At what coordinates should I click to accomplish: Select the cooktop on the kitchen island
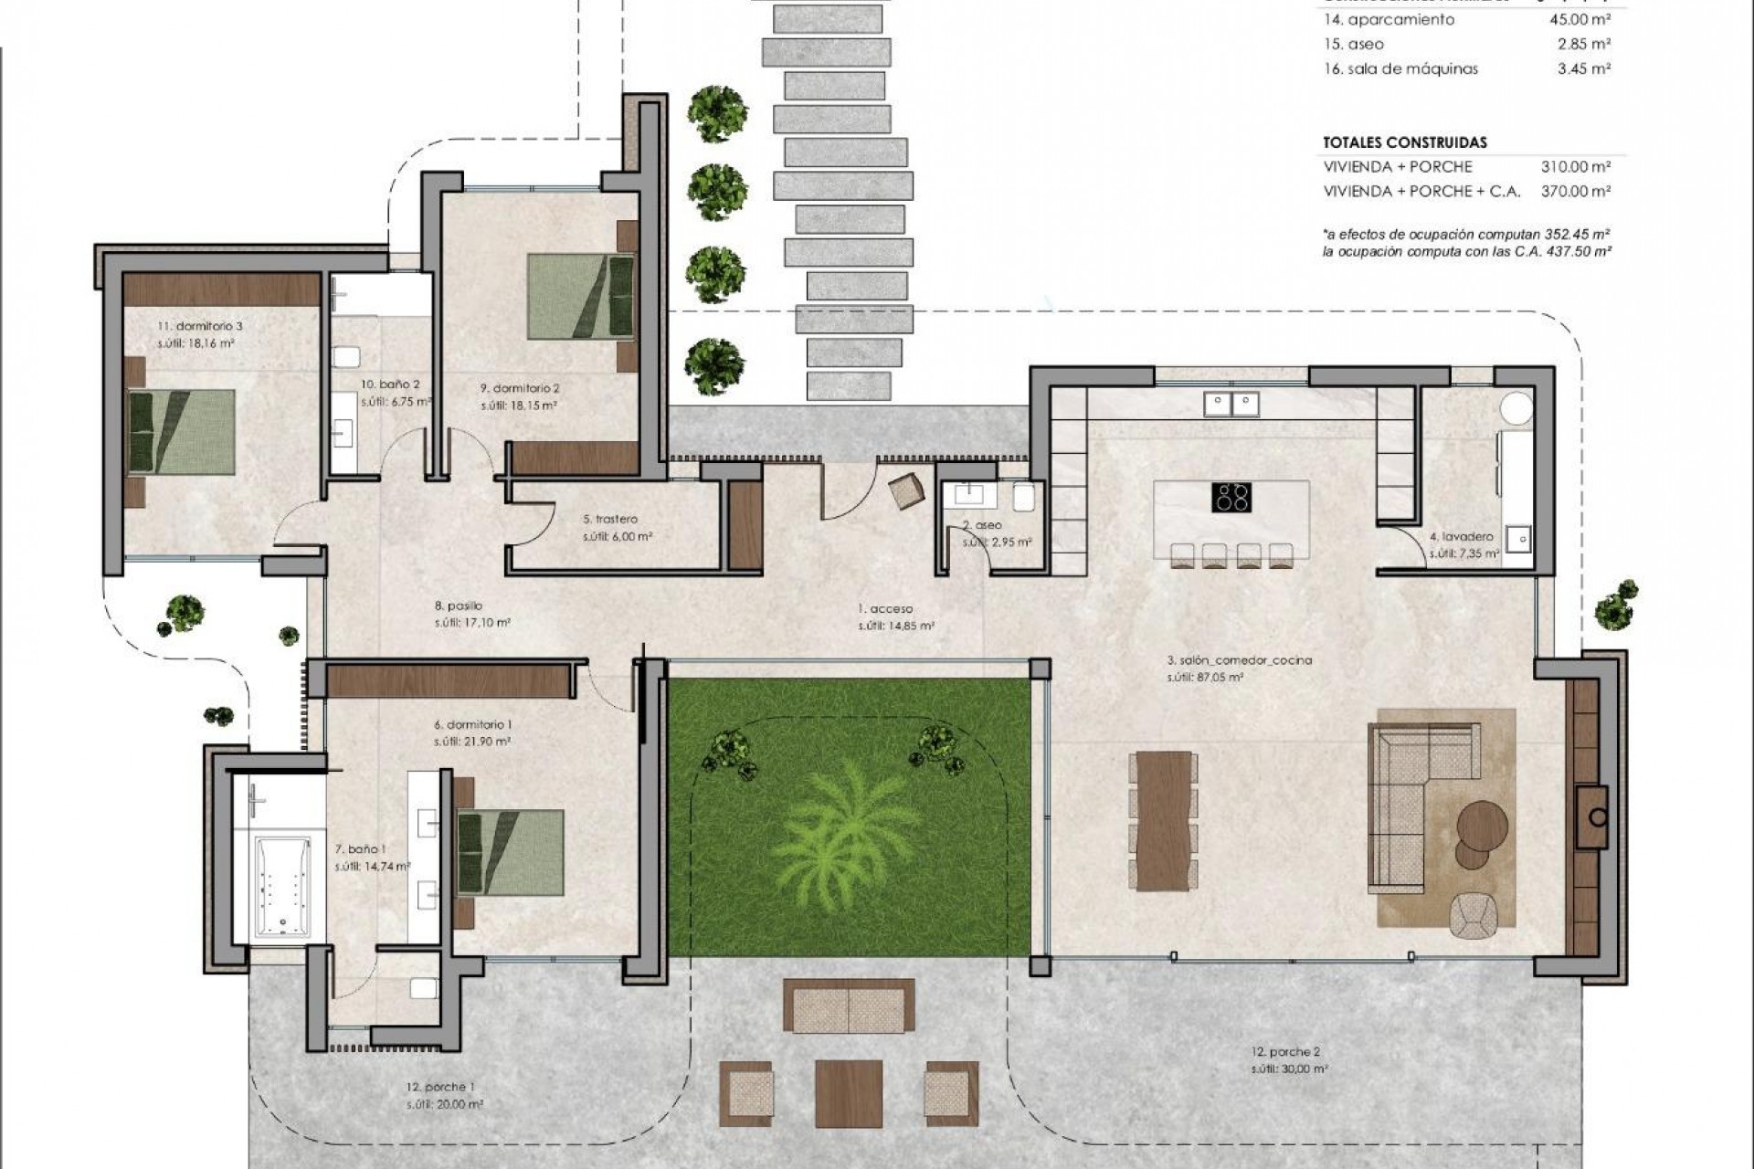tap(1231, 498)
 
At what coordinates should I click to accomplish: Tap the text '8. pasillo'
tap(459, 606)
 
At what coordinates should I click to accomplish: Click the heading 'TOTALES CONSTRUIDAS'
tap(1404, 142)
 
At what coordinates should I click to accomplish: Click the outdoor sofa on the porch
tap(849, 1005)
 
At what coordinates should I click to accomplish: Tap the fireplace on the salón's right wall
tap(1596, 816)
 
